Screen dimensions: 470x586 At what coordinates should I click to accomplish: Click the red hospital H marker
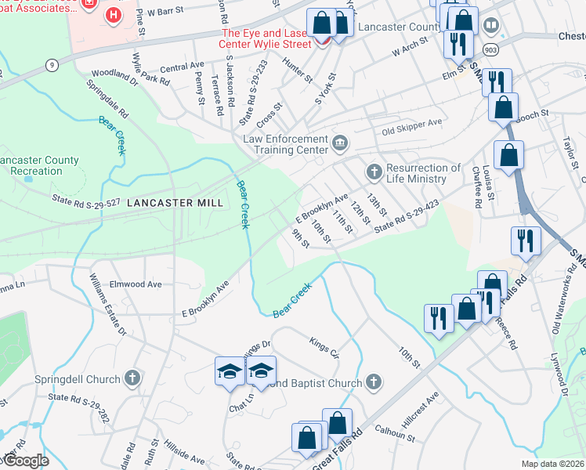114,15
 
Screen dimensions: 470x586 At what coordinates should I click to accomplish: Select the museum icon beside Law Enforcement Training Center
340,142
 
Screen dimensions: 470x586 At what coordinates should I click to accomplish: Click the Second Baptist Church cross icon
374,383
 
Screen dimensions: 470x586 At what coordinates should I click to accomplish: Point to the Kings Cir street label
324,349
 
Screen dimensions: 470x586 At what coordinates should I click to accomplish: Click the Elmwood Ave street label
136,284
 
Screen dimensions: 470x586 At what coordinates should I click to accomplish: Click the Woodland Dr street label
114,74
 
